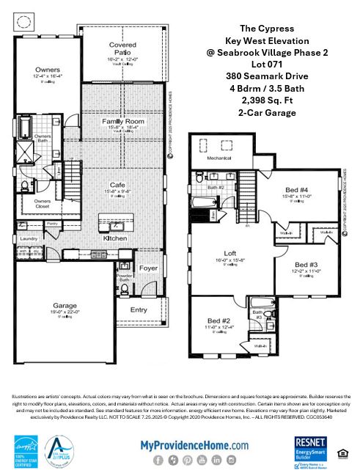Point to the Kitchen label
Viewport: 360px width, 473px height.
tap(115, 238)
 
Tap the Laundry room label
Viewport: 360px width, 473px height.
tap(29, 238)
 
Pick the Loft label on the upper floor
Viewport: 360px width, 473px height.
tap(229, 253)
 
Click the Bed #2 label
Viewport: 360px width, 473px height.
tap(219, 321)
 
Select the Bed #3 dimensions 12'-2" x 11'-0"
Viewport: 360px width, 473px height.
tap(308, 271)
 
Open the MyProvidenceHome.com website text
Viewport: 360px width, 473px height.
tap(194, 444)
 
